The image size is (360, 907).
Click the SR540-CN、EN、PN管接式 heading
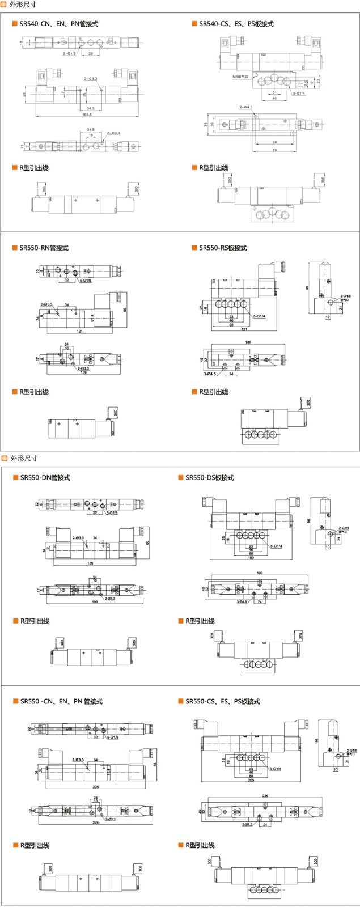(x=58, y=24)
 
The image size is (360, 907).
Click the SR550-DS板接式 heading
(x=209, y=478)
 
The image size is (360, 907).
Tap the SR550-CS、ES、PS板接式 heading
(x=222, y=701)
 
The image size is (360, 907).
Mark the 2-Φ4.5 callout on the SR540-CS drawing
(x=246, y=107)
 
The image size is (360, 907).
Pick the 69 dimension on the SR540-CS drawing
(x=274, y=150)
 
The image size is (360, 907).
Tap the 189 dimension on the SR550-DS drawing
(x=251, y=557)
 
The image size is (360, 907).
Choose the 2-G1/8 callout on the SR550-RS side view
(x=345, y=296)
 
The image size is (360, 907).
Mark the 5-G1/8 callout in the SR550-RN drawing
(x=86, y=280)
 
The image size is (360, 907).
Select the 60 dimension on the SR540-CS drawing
(x=274, y=142)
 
